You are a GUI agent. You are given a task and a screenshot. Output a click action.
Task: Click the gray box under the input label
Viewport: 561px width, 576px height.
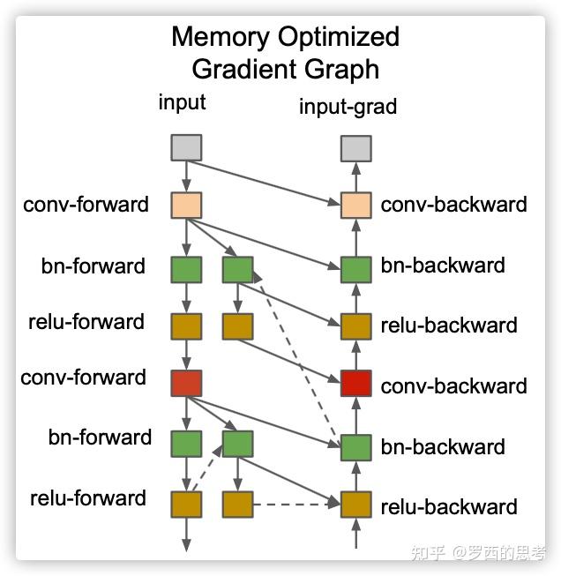pyautogui.click(x=186, y=147)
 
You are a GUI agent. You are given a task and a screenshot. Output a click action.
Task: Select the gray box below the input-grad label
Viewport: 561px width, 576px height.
pyautogui.click(x=355, y=147)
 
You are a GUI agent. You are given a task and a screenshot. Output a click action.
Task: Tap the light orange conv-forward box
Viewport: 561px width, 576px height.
pyautogui.click(x=186, y=206)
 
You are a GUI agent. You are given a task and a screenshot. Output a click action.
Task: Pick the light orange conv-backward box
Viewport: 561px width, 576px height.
pyautogui.click(x=355, y=206)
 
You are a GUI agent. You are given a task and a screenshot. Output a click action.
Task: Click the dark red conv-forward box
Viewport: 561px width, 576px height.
pyautogui.click(x=186, y=382)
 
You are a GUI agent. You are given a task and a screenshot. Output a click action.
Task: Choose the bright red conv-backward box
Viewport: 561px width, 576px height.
pyautogui.click(x=355, y=384)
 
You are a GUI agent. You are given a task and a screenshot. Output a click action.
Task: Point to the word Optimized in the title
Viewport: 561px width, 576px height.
pyautogui.click(x=340, y=37)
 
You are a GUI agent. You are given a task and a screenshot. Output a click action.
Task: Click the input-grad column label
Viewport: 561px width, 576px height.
pyautogui.click(x=348, y=107)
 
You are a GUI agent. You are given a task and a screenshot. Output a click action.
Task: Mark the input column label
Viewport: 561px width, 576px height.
pyautogui.click(x=182, y=101)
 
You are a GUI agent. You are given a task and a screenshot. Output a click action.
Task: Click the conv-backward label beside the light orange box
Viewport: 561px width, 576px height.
pyautogui.click(x=453, y=205)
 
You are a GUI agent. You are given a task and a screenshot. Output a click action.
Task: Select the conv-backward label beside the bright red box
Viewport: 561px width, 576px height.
pyautogui.click(x=453, y=385)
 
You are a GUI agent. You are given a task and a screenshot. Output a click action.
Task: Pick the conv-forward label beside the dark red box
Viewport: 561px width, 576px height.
pyautogui.click(x=84, y=378)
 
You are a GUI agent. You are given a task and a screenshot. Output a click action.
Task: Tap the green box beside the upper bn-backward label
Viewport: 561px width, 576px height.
pyautogui.click(x=355, y=269)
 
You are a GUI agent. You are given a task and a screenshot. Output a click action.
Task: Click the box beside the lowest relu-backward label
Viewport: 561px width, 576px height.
pyautogui.click(x=355, y=505)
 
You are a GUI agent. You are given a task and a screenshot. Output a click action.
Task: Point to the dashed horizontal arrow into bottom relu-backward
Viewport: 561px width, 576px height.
pyautogui.click(x=295, y=505)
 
